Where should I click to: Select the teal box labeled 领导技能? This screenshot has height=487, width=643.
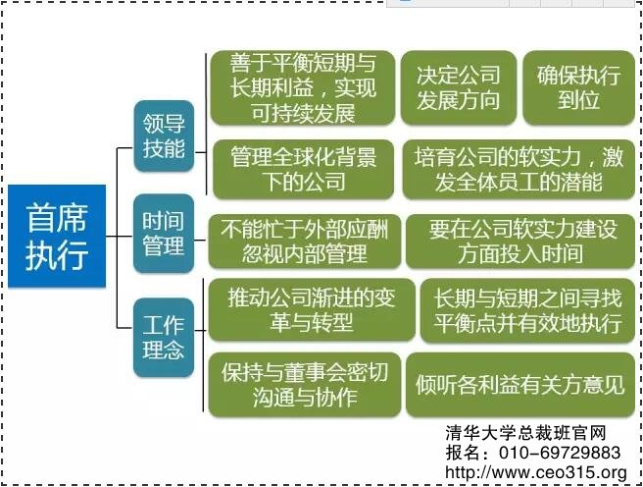click(164, 136)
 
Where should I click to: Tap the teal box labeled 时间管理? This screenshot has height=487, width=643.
click(163, 236)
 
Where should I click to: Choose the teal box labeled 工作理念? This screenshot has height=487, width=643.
click(163, 335)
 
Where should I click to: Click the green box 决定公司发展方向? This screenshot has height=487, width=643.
click(458, 88)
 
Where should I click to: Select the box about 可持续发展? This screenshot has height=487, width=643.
click(303, 88)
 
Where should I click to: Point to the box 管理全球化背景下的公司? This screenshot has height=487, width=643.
click(303, 169)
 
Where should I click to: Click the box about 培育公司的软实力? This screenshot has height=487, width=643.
click(518, 169)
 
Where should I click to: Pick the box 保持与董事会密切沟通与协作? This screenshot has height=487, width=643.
click(303, 384)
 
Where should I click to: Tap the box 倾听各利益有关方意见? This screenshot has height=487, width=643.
click(519, 384)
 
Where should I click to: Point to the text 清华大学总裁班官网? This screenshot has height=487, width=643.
click(525, 433)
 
